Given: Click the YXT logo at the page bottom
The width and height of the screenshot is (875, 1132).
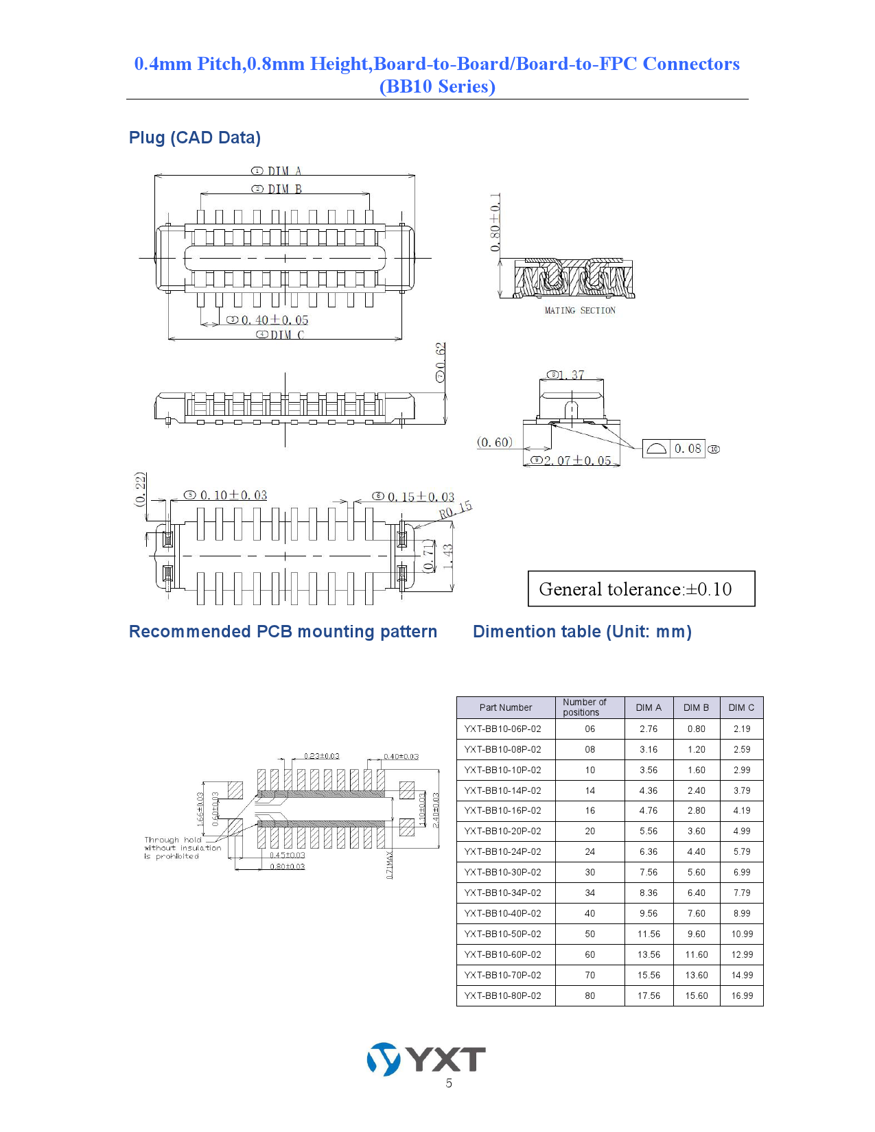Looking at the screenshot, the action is (x=426, y=1059).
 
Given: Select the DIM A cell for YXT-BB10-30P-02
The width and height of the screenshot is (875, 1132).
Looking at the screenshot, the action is (x=649, y=872).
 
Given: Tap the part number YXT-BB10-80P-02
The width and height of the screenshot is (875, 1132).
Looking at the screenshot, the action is (x=502, y=995).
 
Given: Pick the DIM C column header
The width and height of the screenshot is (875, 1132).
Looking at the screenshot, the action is (x=741, y=707).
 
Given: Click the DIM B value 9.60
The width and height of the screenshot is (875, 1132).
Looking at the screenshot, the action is (x=696, y=934).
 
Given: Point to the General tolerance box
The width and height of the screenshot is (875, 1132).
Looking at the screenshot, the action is (x=641, y=589).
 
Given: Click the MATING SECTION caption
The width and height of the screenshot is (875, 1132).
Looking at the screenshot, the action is (x=580, y=311).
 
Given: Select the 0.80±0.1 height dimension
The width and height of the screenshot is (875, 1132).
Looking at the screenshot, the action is (x=495, y=222).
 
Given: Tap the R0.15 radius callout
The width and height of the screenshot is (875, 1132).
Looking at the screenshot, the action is (x=456, y=510).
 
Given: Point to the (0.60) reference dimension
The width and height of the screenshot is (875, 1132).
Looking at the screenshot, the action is (x=495, y=443).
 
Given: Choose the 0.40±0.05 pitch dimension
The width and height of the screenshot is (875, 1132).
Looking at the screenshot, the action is (x=275, y=320).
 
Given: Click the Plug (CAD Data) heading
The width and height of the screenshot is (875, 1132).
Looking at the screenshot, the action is (x=195, y=138).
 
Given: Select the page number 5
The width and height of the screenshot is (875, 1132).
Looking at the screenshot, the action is (x=449, y=1083).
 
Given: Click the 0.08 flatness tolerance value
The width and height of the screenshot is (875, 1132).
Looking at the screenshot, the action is (x=688, y=449).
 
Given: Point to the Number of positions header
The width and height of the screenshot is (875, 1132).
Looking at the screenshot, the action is (x=585, y=707).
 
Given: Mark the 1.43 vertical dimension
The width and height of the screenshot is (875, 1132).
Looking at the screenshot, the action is (x=448, y=556).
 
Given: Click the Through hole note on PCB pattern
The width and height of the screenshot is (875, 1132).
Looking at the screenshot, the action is (x=182, y=848).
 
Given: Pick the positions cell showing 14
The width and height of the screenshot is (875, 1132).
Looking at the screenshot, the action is (x=590, y=790).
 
